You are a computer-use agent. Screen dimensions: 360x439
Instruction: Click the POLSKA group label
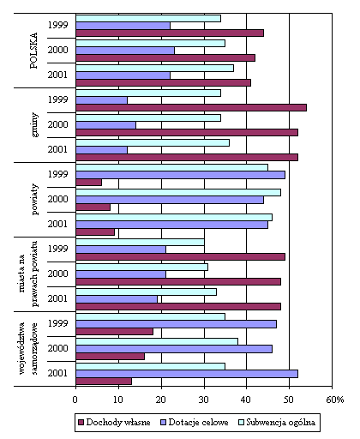pos(33,51)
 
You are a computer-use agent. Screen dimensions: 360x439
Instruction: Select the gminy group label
pos(34,125)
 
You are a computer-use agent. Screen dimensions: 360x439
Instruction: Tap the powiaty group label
pos(34,199)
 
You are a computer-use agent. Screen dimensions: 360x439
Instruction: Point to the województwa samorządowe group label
pos(28,349)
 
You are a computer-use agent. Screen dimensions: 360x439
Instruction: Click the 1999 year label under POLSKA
pos(57,25)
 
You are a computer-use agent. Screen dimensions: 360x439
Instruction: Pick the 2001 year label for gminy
pos(57,149)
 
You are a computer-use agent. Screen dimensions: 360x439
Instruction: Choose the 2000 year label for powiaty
pos(57,199)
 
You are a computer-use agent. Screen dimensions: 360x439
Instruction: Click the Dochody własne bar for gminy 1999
pos(191,108)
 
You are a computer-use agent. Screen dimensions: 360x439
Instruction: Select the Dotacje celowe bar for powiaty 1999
pos(181,175)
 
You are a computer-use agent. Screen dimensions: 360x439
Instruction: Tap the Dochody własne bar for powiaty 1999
pos(89,183)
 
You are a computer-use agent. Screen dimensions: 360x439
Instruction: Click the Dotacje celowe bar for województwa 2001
pos(187,374)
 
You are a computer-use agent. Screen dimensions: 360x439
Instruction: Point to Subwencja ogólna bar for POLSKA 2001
pos(155,68)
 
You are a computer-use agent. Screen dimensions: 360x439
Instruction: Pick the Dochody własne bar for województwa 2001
pos(104,382)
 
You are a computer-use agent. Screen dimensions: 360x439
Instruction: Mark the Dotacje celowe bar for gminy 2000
pos(106,125)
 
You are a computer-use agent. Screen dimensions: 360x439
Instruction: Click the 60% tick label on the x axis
pos(335,400)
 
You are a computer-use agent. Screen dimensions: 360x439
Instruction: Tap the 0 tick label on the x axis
pos(75,400)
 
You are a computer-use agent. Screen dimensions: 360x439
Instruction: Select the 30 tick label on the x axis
pos(204,400)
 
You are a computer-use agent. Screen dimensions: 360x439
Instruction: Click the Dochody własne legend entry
pos(114,423)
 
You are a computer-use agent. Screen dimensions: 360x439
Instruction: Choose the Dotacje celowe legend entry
pos(195,423)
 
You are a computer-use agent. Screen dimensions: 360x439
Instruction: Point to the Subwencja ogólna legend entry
pos(277,423)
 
